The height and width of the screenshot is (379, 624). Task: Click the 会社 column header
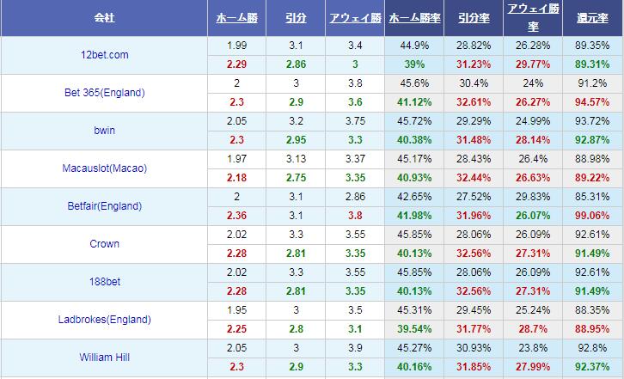tap(104, 18)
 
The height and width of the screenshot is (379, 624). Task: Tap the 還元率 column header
tap(593, 18)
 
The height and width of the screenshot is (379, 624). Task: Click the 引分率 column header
tap(474, 18)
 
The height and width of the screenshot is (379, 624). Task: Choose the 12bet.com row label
tap(104, 55)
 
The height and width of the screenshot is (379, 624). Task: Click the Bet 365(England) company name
tap(104, 93)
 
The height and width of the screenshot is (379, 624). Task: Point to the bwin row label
tap(104, 131)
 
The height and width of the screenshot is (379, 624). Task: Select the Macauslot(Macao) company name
tap(104, 168)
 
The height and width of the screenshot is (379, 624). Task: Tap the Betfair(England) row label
tap(104, 206)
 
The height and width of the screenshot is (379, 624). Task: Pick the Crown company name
tap(104, 244)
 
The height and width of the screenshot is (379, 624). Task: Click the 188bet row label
tap(104, 282)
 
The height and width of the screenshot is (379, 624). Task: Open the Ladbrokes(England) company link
tap(104, 320)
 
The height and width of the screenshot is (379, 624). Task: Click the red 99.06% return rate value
tap(593, 216)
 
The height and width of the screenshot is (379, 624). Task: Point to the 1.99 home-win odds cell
tap(237, 45)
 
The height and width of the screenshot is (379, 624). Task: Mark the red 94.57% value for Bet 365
tap(593, 102)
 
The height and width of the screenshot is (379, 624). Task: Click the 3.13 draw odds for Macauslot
tap(296, 158)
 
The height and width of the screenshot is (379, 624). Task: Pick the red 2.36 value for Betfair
tap(237, 216)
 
